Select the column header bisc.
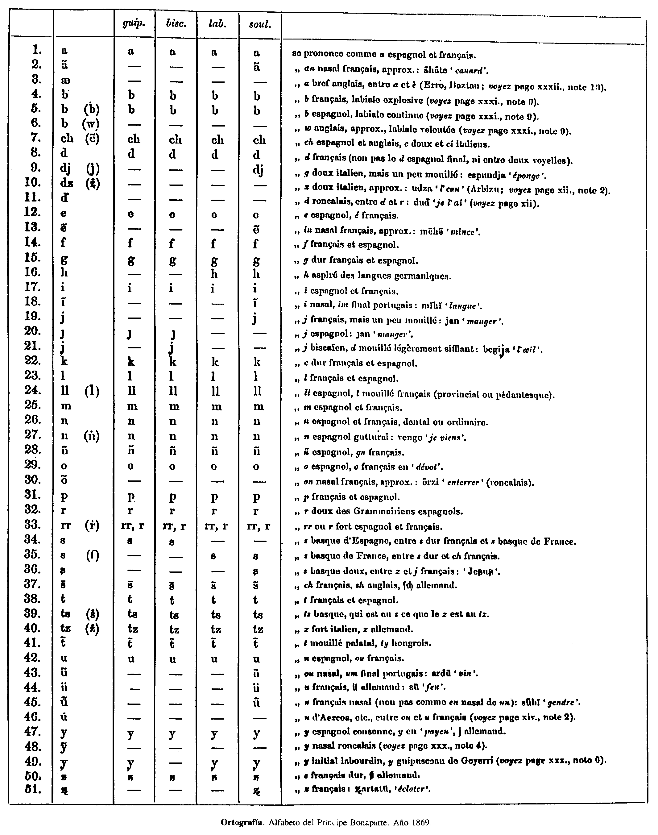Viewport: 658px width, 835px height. point(176,24)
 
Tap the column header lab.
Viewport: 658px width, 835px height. point(217,24)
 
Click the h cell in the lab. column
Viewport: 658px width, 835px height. point(215,274)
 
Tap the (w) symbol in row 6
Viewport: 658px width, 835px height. point(91,124)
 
